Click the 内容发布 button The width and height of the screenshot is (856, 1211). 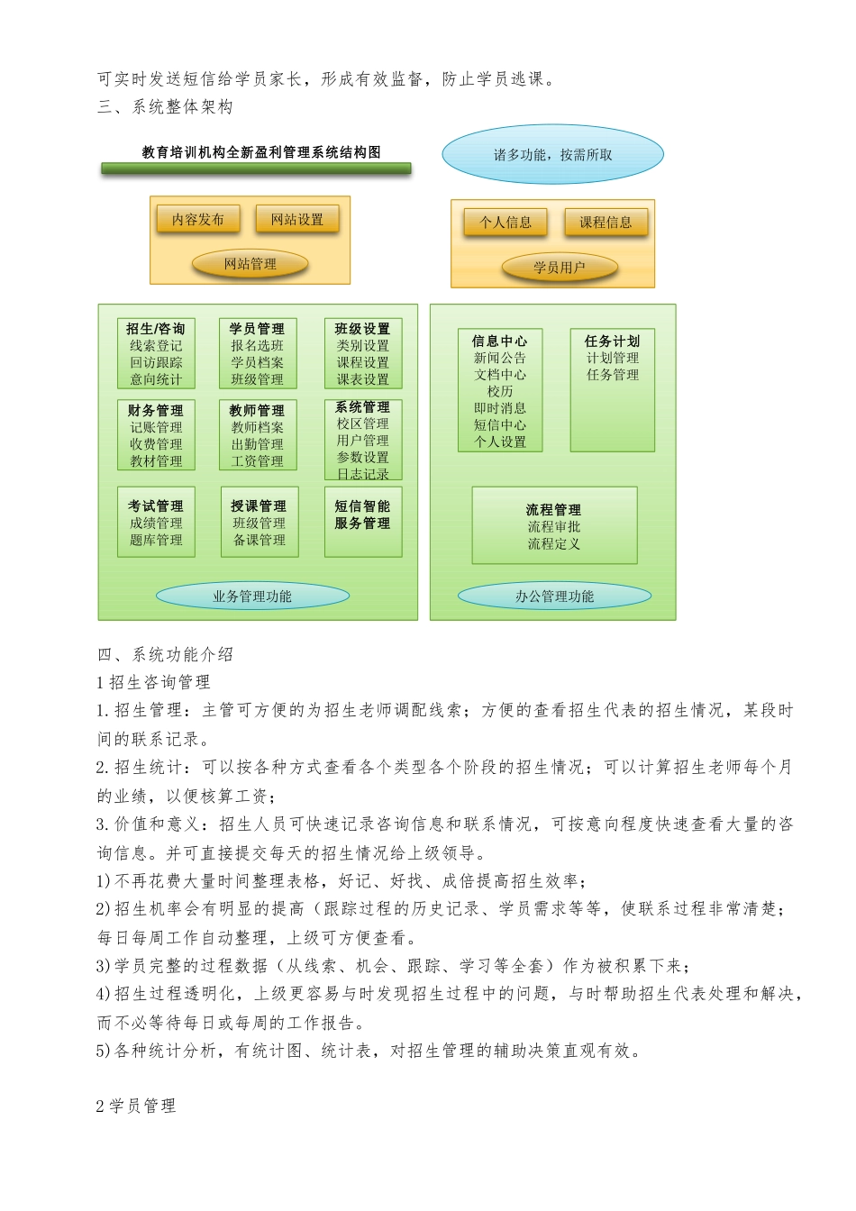(x=198, y=219)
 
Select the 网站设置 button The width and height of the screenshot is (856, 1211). (x=297, y=219)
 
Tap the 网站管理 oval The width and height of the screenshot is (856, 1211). (x=250, y=264)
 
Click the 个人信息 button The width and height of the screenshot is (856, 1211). (x=505, y=223)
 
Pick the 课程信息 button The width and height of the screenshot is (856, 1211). (x=606, y=223)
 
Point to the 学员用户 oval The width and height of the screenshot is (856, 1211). (x=560, y=268)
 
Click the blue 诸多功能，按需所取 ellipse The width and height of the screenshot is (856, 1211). (x=552, y=155)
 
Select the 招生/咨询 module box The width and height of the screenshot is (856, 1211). (x=156, y=353)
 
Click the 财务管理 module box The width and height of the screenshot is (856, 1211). (x=156, y=435)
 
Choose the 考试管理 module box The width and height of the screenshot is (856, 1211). (x=156, y=522)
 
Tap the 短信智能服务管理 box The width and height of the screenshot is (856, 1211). (x=363, y=522)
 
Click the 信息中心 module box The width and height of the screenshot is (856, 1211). (x=500, y=390)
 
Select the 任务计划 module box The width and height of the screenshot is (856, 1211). (x=613, y=390)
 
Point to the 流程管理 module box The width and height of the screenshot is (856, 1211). (x=554, y=525)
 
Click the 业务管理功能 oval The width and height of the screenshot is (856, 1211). (x=252, y=596)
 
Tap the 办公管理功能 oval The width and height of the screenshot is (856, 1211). (x=554, y=596)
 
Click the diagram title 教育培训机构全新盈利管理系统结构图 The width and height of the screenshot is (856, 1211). (x=261, y=152)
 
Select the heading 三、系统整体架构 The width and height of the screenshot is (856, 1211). (x=165, y=107)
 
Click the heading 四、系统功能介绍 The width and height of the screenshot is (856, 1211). (x=165, y=655)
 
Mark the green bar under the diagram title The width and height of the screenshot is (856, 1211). (x=256, y=168)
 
